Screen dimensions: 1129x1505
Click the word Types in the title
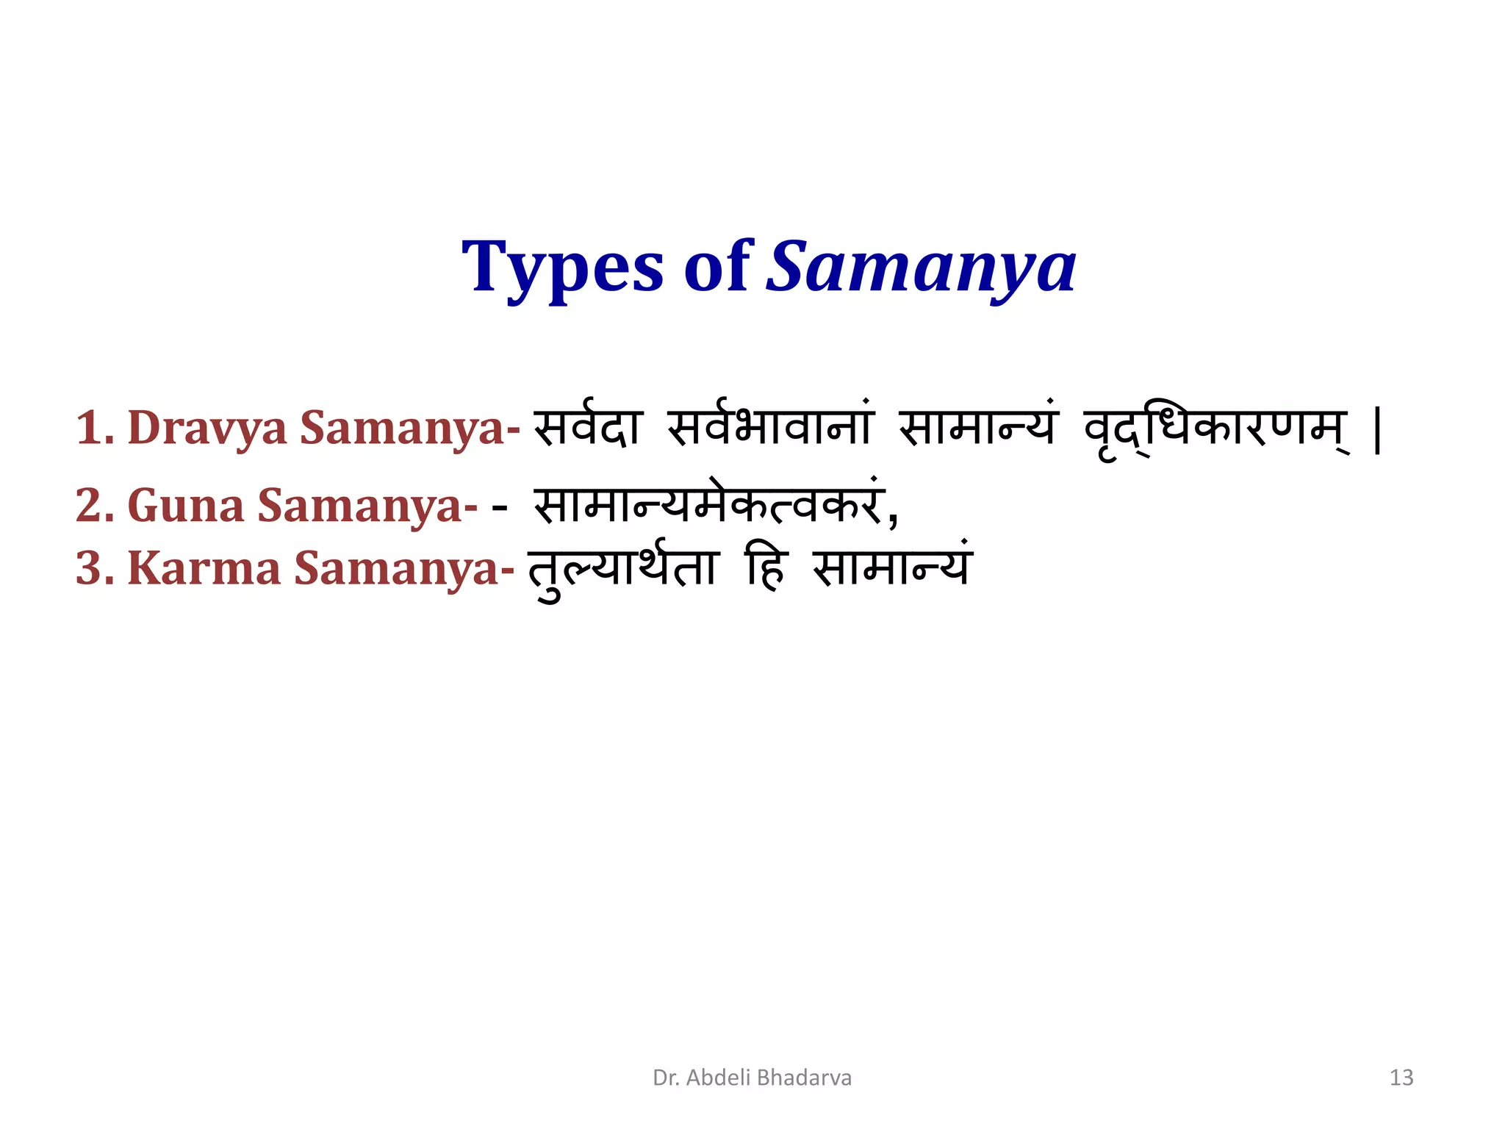click(x=562, y=268)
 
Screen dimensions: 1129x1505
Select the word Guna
click(x=186, y=506)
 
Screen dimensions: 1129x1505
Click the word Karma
click(x=204, y=568)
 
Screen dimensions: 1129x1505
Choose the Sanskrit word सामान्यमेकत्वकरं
click(x=707, y=506)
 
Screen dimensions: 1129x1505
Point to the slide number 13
click(x=1401, y=1078)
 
